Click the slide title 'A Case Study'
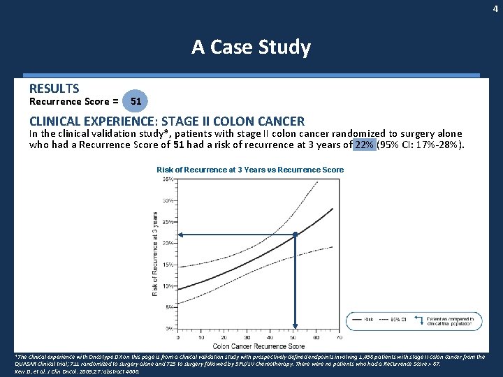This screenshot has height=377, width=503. tap(251, 47)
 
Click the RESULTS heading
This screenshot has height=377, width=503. tap(54, 89)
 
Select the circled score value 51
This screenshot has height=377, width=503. tap(136, 101)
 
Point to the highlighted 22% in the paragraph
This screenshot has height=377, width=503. tap(363, 145)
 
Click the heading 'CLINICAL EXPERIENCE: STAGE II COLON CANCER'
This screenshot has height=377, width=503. tap(166, 121)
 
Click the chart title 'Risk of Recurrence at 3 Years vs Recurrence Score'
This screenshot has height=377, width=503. tap(250, 170)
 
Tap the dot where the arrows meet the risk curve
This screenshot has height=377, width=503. tap(296, 235)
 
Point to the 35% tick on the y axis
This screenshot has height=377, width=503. tap(168, 179)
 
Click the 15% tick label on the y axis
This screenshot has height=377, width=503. tap(168, 265)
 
